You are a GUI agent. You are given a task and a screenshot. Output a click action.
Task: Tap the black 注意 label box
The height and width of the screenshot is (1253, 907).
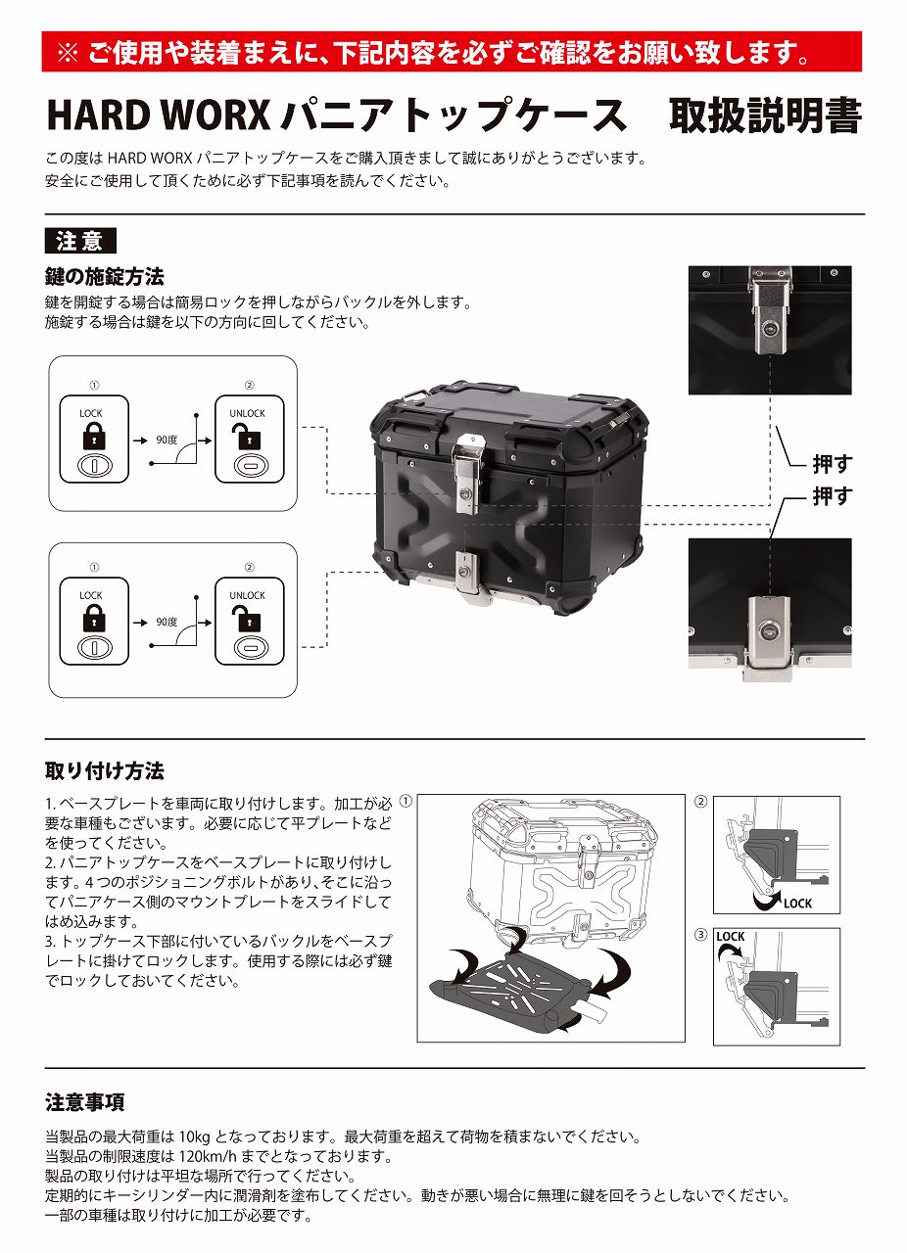[80, 241]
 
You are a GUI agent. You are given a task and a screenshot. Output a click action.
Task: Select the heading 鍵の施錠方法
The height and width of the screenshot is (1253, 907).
[105, 276]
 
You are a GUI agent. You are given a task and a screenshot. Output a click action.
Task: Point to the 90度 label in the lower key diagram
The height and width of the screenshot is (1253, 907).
[167, 622]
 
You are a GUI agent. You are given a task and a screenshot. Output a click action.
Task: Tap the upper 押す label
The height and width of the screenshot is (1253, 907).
[832, 464]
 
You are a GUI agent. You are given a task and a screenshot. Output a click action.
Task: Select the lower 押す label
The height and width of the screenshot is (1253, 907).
[832, 496]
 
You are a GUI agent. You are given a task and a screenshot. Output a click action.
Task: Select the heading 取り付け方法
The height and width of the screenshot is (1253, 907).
[105, 770]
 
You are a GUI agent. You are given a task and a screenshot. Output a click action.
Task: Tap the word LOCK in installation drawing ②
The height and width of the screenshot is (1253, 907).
[797, 904]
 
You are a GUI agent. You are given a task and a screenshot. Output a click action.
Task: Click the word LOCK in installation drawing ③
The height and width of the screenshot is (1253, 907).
[731, 937]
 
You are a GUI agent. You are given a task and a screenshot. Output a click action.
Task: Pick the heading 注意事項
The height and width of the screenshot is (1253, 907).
[85, 1103]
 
